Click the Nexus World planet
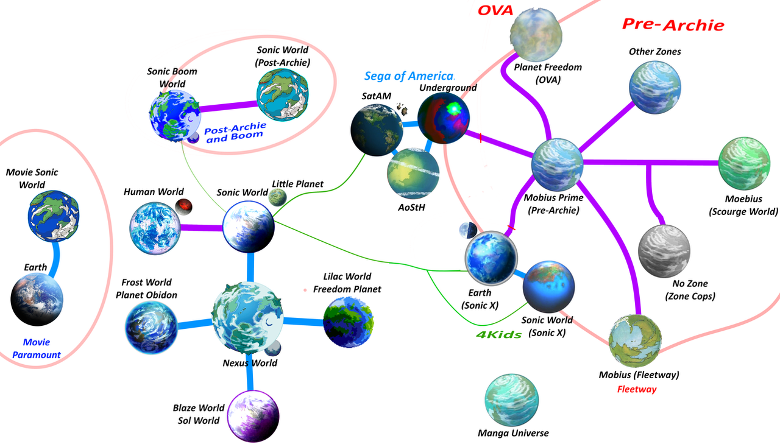pos(247,318)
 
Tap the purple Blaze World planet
pos(253,417)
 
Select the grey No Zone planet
pos(664,251)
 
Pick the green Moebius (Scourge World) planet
pos(744,164)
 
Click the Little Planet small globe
pos(277,197)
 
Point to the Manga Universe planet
pos(511,400)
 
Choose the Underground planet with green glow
pos(443,118)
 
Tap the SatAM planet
pos(377,130)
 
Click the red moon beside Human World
pos(183,207)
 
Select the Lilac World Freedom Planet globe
pos(349,322)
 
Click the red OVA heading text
pos(495,10)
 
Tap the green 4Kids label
pos(498,334)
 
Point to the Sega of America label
pos(409,76)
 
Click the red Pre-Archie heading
pos(673,24)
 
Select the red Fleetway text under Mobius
pos(637,389)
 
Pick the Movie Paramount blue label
pos(37,348)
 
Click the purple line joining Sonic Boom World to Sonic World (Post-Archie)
pos(229,106)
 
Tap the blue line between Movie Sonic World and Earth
pos(55,259)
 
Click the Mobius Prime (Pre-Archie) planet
pos(557,164)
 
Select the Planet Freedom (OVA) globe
pos(536,34)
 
